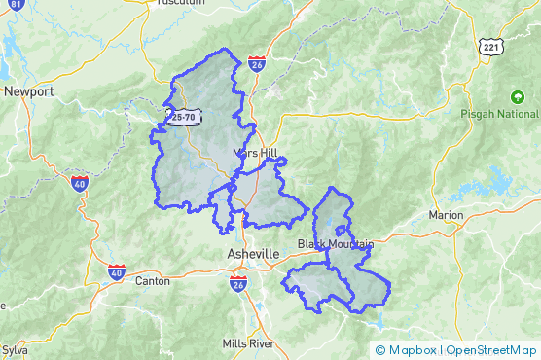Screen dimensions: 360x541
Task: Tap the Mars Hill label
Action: (x=256, y=154)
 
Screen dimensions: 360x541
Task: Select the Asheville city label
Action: (x=252, y=253)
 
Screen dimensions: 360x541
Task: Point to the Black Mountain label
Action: (x=335, y=243)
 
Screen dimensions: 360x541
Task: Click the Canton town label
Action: (x=153, y=281)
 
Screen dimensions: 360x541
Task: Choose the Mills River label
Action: (x=248, y=343)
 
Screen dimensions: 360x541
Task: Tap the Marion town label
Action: (x=447, y=215)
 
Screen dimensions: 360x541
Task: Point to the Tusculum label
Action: (x=180, y=3)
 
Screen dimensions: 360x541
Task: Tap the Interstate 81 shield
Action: (x=16, y=5)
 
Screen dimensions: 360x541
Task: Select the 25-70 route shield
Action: (x=182, y=117)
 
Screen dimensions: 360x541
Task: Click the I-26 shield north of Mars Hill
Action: (x=256, y=64)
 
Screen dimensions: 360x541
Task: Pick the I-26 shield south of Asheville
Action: (x=238, y=284)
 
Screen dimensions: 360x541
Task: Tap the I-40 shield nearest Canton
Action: (x=116, y=273)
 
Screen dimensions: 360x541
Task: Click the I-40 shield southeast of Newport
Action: (x=79, y=182)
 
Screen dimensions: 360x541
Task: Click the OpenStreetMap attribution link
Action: (x=492, y=350)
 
